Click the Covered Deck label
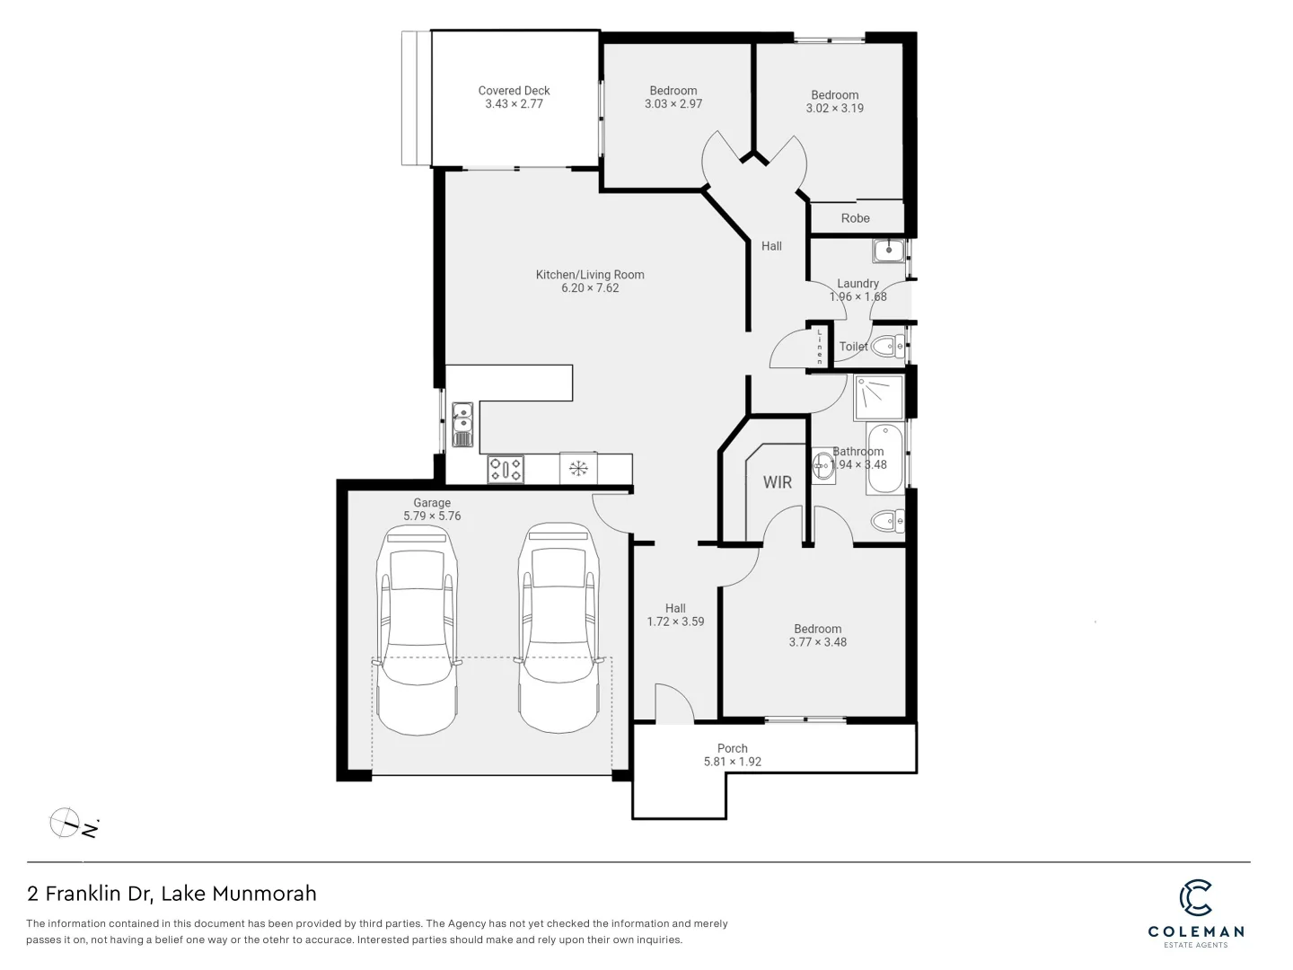click(514, 91)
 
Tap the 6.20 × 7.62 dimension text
click(590, 288)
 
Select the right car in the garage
click(558, 629)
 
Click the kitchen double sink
click(462, 424)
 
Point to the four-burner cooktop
click(506, 469)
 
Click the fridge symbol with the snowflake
click(579, 468)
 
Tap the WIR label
click(778, 482)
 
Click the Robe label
click(855, 218)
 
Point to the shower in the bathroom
click(878, 398)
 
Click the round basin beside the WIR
click(823, 465)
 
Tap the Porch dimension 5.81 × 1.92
click(733, 762)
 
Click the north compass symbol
click(66, 822)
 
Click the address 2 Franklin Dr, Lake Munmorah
click(172, 894)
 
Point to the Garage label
click(432, 503)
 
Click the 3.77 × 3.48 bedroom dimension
click(817, 642)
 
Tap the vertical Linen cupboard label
click(820, 347)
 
